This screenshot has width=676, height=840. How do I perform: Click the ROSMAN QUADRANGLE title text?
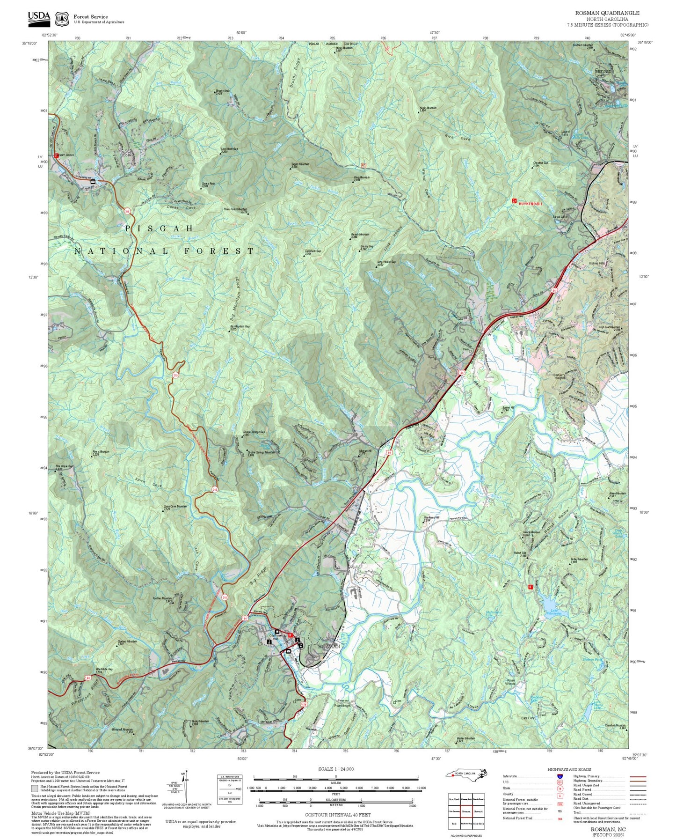pyautogui.click(x=607, y=13)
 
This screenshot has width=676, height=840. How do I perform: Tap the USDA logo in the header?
pyautogui.click(x=39, y=17)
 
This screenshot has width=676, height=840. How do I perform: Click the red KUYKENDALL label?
pyautogui.click(x=531, y=204)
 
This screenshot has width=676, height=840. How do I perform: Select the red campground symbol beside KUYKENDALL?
pyautogui.click(x=515, y=201)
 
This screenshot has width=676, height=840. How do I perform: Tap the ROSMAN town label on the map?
pyautogui.click(x=328, y=646)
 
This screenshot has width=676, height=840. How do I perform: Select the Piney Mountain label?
pyautogui.click(x=101, y=452)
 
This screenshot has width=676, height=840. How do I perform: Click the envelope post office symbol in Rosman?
pyautogui.click(x=288, y=651)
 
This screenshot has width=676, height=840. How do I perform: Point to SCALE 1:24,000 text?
pyautogui.click(x=335, y=769)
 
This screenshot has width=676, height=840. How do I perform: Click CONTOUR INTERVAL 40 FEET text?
pyautogui.click(x=335, y=815)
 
